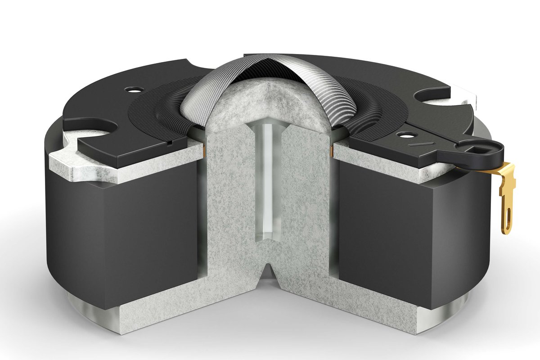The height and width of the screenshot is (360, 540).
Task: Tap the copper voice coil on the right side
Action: [332, 149]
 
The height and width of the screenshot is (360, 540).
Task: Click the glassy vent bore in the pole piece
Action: [268, 180]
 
